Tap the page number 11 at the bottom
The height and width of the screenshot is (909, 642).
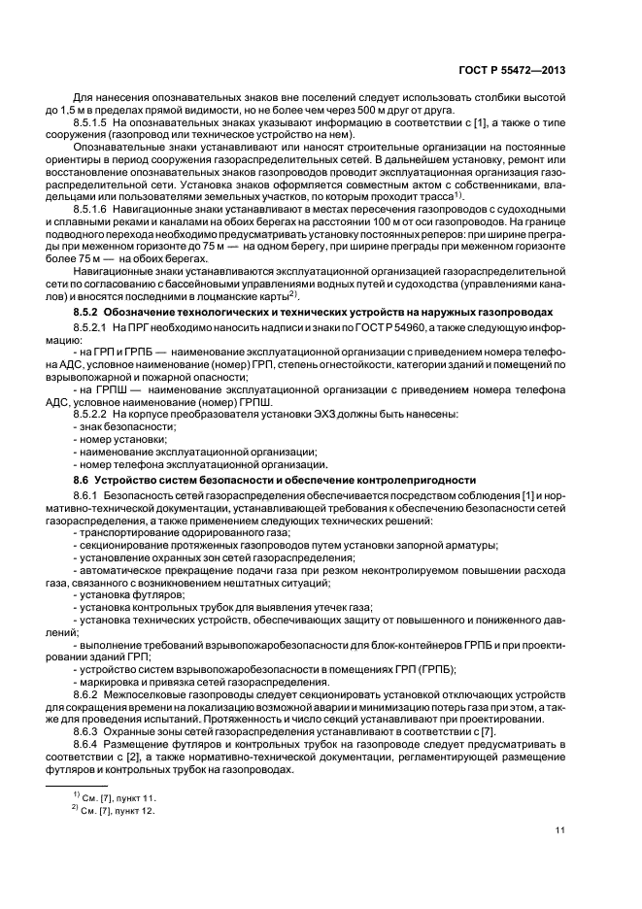click(561, 830)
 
